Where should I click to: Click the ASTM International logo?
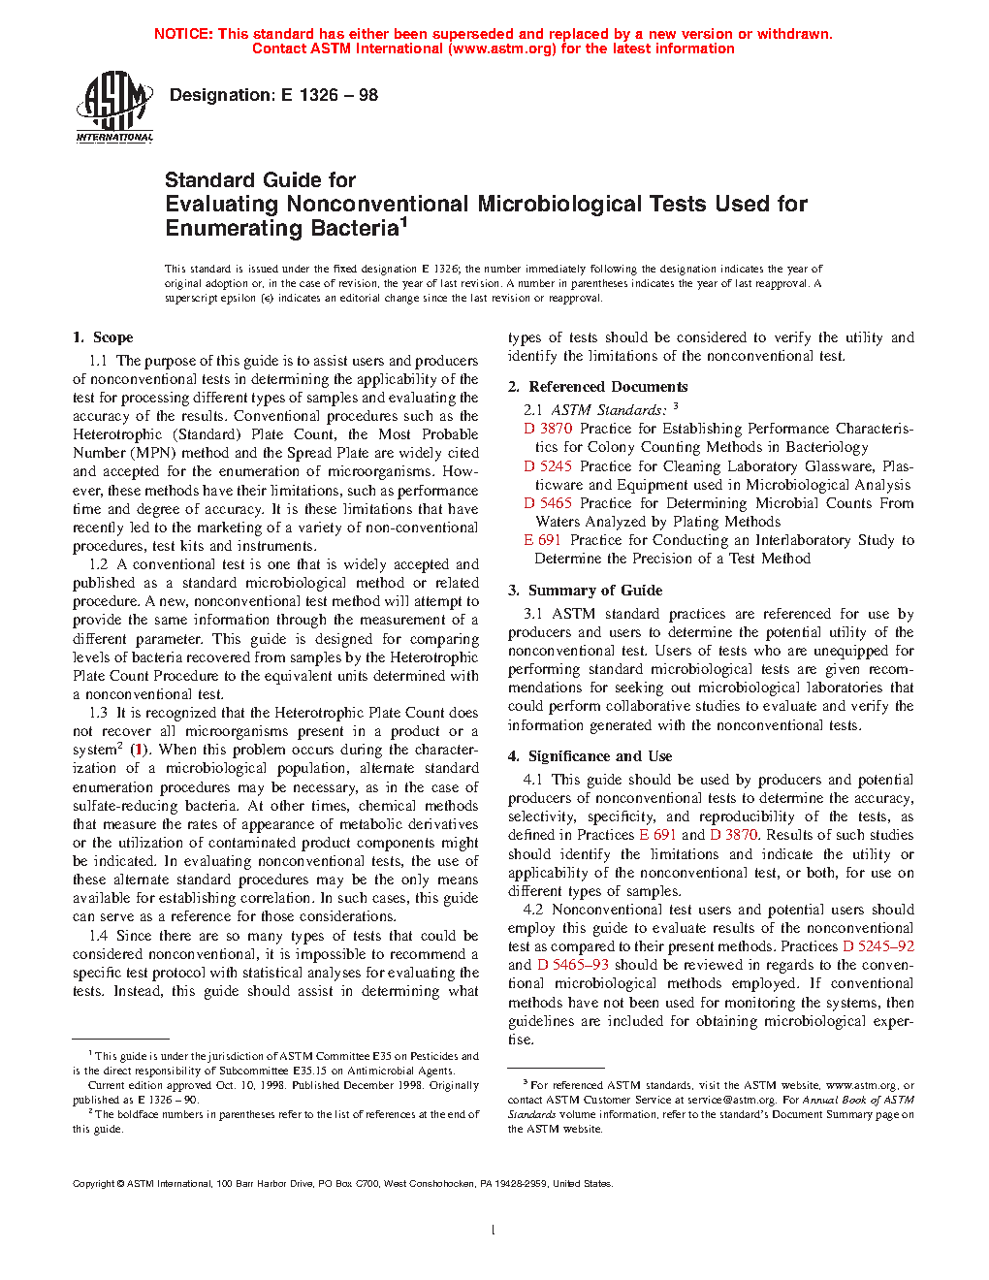(114, 107)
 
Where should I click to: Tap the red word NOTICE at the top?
(183, 34)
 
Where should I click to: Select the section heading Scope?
(112, 337)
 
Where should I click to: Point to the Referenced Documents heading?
(608, 387)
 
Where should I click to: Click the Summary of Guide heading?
(594, 591)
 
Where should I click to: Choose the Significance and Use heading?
(599, 756)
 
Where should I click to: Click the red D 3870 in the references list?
(548, 429)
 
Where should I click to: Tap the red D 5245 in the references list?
(548, 466)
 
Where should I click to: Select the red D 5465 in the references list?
(548, 503)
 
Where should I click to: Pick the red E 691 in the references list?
(542, 540)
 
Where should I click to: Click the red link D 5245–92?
(878, 946)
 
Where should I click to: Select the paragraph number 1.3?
(98, 713)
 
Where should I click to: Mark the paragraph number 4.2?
(533, 910)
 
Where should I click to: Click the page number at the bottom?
(494, 1231)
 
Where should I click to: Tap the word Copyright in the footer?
(94, 1184)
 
